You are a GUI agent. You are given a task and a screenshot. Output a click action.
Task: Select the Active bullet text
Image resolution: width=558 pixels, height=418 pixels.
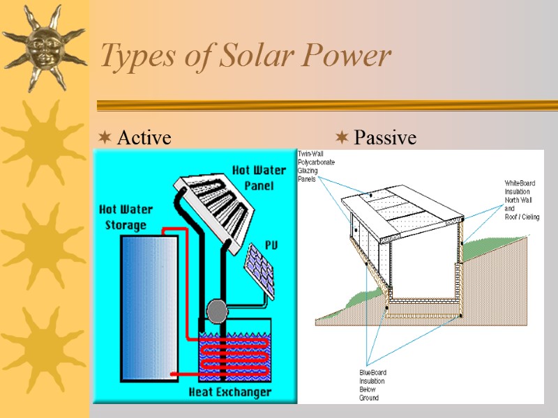tap(144, 138)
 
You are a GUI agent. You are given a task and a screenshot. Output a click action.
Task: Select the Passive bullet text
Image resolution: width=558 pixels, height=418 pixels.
tap(384, 138)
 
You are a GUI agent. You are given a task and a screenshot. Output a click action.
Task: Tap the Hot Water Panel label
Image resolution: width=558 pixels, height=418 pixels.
tap(258, 178)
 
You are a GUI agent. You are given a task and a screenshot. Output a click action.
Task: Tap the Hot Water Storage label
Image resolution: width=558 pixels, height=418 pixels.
tap(126, 217)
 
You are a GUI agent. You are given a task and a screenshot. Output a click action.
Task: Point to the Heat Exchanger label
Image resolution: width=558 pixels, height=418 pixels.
tap(230, 392)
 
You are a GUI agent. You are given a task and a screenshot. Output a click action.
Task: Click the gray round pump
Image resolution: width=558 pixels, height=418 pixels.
tap(218, 309)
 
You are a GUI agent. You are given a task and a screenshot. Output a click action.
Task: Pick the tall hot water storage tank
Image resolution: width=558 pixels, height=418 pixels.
tap(149, 307)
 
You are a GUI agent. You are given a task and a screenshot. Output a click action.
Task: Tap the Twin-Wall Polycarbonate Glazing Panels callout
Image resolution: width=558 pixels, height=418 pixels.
tap(316, 166)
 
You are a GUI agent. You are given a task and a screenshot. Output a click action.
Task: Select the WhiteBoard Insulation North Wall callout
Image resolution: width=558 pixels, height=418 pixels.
tap(522, 201)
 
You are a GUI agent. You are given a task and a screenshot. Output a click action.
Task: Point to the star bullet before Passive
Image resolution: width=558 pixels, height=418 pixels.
tap(342, 137)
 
